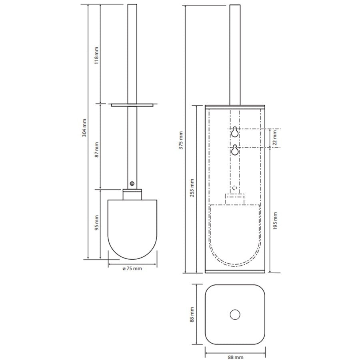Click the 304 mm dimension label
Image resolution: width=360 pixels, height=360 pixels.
click(84, 128)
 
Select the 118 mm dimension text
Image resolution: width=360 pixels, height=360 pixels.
click(96, 56)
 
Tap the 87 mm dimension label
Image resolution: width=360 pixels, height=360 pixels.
click(97, 150)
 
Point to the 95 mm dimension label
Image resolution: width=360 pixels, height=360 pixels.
click(97, 223)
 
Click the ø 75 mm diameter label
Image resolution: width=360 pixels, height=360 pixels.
click(132, 268)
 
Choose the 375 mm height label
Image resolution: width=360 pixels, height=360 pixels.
click(181, 140)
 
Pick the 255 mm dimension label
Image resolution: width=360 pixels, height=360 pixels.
click(192, 188)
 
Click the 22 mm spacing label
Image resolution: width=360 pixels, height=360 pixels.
click(275, 138)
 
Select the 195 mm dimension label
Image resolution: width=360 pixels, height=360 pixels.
click(275, 221)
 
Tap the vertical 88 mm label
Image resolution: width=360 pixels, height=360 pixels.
click(192, 314)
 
